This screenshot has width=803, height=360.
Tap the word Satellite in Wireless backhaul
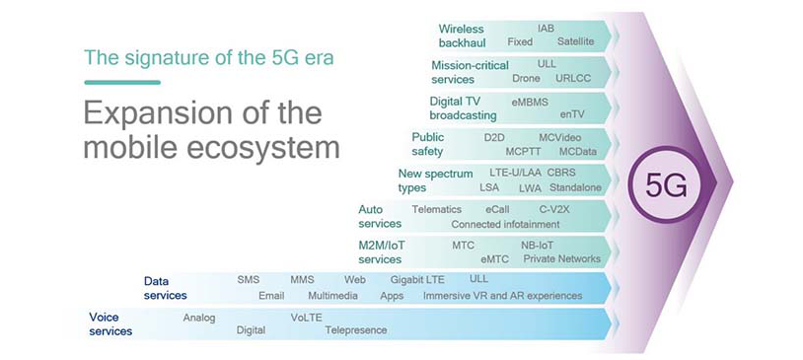tap(575, 42)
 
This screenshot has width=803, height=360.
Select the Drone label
tap(526, 78)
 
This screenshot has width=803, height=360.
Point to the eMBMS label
tap(530, 101)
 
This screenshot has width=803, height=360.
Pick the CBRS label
tap(561, 173)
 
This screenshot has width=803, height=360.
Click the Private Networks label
tap(561, 258)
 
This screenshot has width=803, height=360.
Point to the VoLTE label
tap(306, 317)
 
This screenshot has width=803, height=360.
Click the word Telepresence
tap(356, 330)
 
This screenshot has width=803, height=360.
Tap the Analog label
tap(199, 317)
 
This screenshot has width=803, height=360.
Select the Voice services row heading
tap(110, 324)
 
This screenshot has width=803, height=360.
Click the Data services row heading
tap(165, 288)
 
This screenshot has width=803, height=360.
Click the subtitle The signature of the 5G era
tap(209, 56)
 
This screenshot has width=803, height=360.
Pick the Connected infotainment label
tap(505, 224)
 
